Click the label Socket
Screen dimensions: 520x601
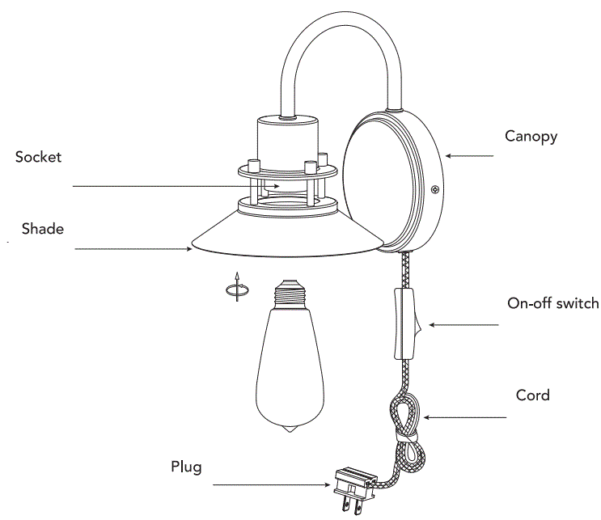point(38,157)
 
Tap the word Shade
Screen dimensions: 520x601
point(43,229)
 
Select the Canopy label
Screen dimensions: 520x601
point(531,136)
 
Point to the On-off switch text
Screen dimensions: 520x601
point(552,304)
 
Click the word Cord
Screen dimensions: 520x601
point(532,395)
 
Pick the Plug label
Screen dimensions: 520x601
point(186,467)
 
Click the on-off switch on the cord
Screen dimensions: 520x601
point(405,323)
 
